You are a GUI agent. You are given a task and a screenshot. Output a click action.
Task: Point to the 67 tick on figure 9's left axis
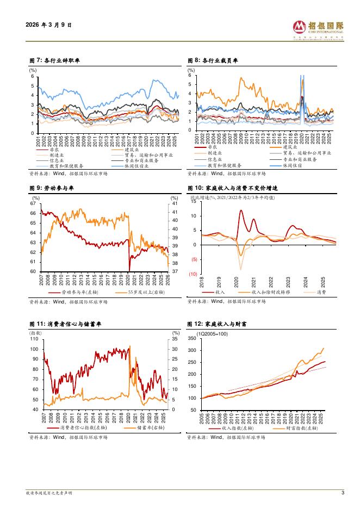[33, 203]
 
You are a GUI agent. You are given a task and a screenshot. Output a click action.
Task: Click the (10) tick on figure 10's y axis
[193, 275]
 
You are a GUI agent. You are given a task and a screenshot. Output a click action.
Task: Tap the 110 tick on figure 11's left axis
[34, 339]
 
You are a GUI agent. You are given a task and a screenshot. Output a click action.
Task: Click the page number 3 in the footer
[343, 493]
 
